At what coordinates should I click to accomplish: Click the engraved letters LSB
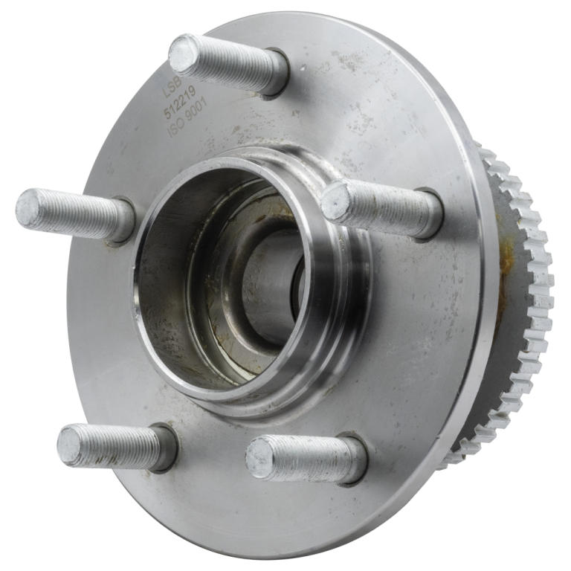tap(172, 86)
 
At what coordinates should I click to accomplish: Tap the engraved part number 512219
tap(181, 102)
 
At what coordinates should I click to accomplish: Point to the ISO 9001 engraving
tap(187, 118)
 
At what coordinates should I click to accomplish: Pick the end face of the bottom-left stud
tap(73, 446)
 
